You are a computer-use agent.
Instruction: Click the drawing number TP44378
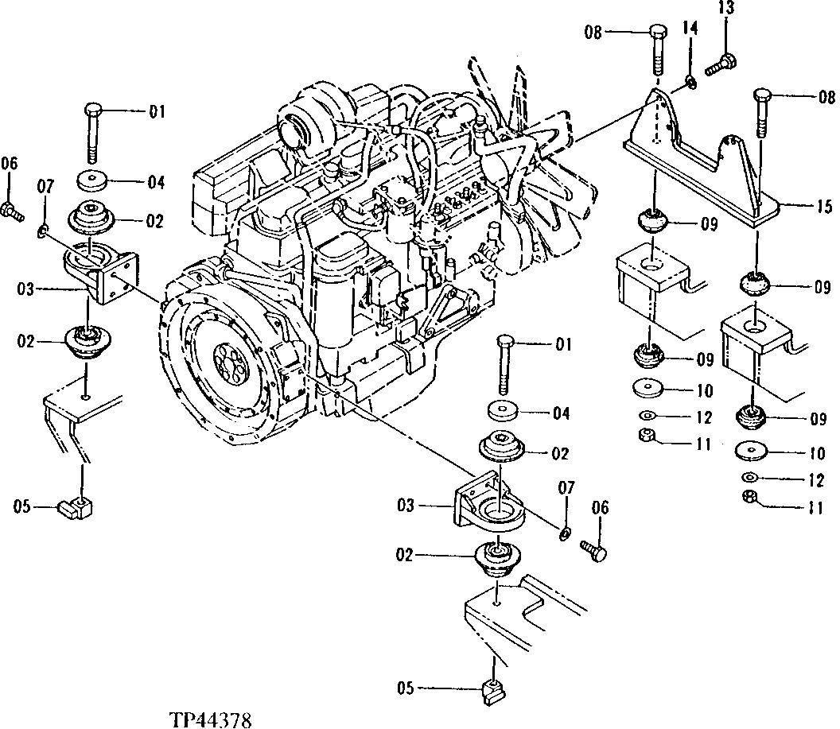coord(210,720)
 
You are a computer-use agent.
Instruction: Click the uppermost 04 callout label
coord(155,183)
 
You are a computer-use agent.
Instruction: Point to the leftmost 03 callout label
coord(26,290)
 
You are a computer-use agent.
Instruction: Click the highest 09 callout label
coord(708,225)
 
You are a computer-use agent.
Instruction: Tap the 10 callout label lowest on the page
coord(817,453)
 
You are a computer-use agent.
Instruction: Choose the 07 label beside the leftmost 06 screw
coord(45,186)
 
